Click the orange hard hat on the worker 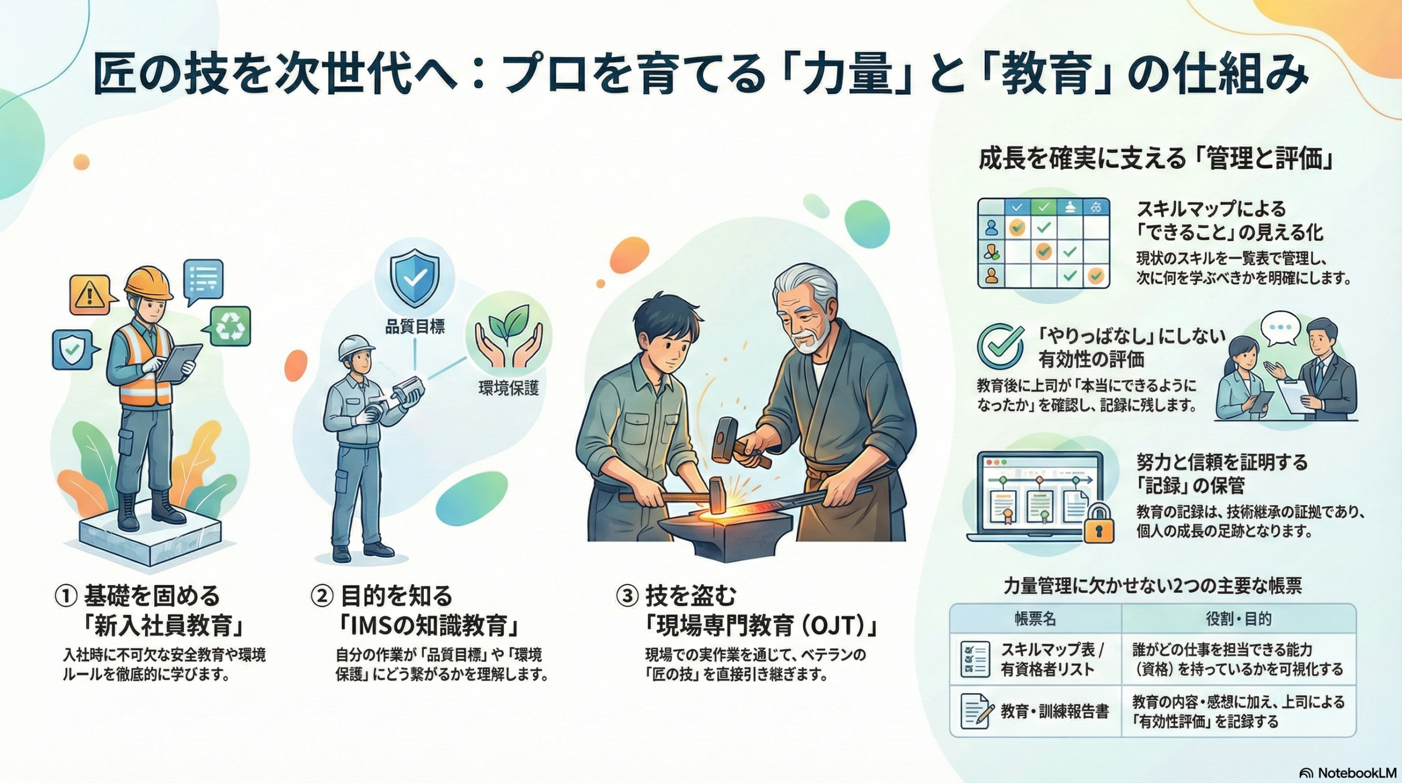[148, 283]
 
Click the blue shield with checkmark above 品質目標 [415, 278]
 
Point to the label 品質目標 [415, 327]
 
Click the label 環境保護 [508, 388]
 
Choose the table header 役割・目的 [1238, 620]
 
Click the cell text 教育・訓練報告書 [1055, 711]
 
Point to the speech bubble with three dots [1280, 329]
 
